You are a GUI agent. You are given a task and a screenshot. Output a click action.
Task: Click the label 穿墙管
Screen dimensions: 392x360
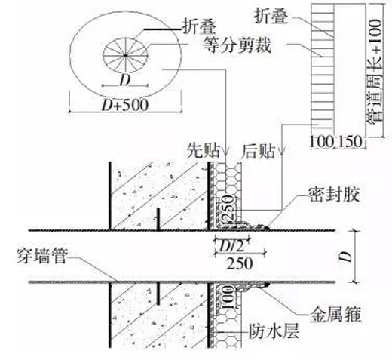(41, 257)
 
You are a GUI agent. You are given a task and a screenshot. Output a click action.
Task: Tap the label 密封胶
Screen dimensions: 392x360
(334, 195)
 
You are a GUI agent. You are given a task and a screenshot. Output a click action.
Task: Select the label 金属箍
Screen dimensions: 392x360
(336, 314)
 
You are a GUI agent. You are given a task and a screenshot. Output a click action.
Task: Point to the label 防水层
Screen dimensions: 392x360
(274, 331)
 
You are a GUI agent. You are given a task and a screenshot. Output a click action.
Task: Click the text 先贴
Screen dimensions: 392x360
(203, 151)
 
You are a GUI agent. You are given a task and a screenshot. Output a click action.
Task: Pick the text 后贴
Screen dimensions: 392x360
(259, 151)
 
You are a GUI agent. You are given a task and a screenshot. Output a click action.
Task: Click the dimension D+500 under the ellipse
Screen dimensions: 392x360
(125, 105)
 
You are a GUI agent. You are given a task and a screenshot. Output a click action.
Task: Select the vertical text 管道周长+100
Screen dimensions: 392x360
(375, 71)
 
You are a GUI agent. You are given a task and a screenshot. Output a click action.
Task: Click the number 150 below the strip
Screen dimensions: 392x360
(351, 141)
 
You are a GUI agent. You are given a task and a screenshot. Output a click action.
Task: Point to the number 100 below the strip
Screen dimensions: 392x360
(321, 141)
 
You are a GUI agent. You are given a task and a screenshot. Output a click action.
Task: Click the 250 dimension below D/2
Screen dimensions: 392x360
(240, 263)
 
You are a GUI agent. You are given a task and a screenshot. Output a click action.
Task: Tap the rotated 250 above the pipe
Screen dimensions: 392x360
(228, 208)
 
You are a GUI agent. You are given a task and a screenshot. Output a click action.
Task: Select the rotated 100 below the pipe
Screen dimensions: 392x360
(228, 297)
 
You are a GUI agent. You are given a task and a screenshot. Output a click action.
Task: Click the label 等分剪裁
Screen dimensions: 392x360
(237, 45)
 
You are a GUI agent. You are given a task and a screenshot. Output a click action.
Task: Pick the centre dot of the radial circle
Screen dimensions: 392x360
(125, 55)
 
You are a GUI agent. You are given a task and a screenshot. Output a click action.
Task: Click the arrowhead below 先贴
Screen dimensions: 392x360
(226, 152)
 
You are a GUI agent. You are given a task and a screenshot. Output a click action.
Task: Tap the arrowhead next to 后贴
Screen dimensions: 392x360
(282, 152)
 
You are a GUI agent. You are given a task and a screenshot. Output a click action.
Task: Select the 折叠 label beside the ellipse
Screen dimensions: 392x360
(199, 26)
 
